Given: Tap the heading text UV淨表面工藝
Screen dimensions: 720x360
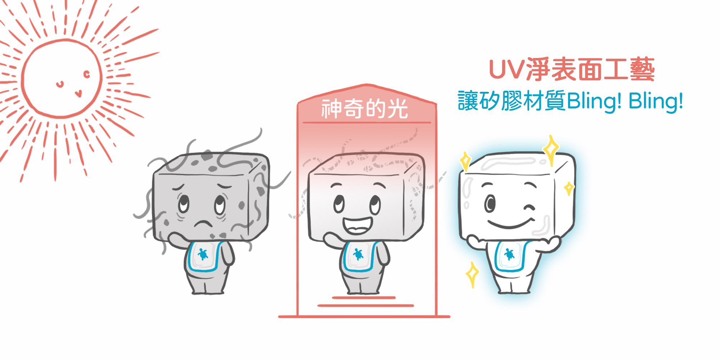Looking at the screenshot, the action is (x=572, y=69).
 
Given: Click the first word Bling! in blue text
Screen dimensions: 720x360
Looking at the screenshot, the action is (x=594, y=101).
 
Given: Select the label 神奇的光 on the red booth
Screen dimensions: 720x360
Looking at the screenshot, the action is (x=365, y=108).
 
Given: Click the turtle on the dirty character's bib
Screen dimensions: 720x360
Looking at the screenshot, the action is (x=203, y=254).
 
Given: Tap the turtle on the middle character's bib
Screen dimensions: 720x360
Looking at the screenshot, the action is (x=358, y=254).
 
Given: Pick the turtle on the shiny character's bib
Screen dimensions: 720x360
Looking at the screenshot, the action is (x=509, y=254).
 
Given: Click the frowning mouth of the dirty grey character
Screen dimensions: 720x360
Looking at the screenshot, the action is (x=203, y=223).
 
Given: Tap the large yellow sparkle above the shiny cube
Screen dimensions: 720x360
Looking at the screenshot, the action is (x=551, y=149).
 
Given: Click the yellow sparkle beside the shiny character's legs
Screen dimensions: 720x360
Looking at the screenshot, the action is (x=472, y=274).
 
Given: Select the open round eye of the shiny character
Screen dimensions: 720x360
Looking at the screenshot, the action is (x=490, y=203).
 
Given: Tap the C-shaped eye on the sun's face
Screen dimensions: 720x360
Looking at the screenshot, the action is (x=86, y=75).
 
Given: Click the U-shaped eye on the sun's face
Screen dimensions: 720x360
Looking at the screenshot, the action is (x=60, y=85).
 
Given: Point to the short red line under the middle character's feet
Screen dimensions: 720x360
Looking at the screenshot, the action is (x=364, y=298).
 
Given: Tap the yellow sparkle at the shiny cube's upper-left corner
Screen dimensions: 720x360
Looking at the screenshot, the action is (x=465, y=161).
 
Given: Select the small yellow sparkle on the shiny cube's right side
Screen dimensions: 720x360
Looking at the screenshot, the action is (x=569, y=188).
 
